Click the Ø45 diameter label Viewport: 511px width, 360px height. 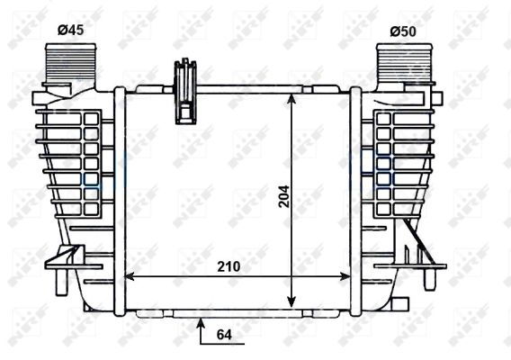(70, 31)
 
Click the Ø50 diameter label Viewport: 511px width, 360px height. (402, 31)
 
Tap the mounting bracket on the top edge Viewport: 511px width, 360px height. (185, 91)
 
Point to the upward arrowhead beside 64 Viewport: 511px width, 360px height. (201, 323)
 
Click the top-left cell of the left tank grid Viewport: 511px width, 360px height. (90, 119)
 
